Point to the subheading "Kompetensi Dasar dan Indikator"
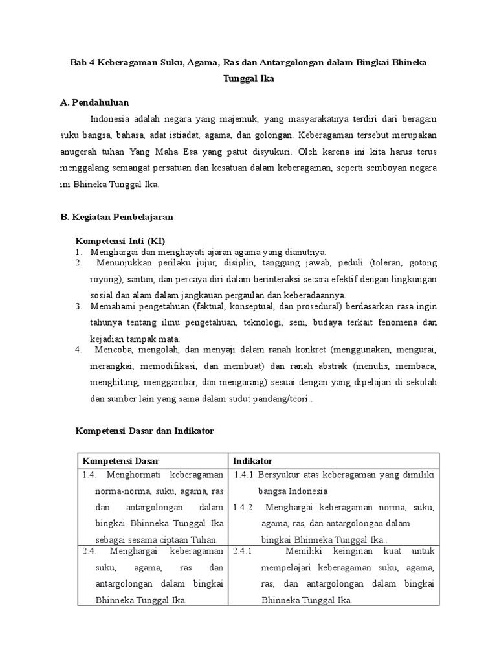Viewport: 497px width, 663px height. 144,430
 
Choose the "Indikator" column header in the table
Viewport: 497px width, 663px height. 253,461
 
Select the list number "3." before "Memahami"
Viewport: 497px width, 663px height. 79,306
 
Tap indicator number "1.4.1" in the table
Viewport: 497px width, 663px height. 245,475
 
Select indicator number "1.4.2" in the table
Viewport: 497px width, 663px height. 245,507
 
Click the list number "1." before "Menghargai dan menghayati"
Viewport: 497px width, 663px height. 79,252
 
